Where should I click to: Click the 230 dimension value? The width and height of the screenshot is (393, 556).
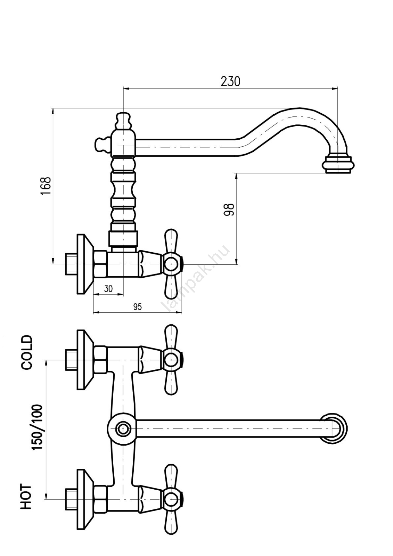230,81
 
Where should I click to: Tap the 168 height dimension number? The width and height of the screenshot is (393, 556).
46,186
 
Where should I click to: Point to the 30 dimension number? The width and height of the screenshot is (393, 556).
108,289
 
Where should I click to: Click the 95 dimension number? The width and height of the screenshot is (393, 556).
137,307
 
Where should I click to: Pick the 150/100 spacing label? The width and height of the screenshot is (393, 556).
37,427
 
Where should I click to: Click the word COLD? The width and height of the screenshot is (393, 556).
27,352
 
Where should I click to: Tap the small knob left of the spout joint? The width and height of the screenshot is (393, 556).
101,144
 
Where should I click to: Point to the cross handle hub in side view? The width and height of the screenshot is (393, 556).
171,264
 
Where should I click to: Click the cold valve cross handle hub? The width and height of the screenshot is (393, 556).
171,360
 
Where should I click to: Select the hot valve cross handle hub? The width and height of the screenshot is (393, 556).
171,499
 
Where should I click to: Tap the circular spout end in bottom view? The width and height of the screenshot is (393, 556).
333,428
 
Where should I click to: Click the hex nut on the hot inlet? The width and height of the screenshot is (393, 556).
100,499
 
